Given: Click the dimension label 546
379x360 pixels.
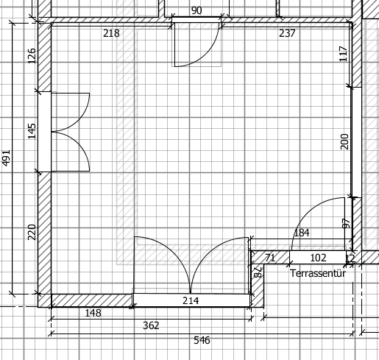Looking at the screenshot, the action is tap(202, 340).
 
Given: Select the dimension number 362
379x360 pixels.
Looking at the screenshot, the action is tap(151, 325).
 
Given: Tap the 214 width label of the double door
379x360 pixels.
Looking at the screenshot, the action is tap(191, 300).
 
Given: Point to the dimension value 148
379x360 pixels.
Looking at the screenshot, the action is tap(93, 313).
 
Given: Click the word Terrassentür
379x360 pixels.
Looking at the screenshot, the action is tap(318, 273).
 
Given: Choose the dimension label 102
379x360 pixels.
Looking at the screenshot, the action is tap(319, 258).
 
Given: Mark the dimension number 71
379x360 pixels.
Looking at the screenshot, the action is tap(270, 258).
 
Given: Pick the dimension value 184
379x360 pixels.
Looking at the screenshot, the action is tap(302, 233).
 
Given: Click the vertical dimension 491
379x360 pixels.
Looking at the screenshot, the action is tap(6, 158).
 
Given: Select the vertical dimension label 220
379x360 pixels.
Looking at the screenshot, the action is tap(32, 232).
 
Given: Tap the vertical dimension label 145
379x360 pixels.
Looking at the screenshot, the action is tap(32, 131).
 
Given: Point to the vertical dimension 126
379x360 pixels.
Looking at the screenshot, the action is tap(32, 56).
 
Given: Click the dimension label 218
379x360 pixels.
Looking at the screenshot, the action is tap(111, 33).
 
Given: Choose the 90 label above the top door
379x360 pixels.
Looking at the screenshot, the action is tap(196, 10).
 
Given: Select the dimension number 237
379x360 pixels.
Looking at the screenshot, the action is tap(287, 33).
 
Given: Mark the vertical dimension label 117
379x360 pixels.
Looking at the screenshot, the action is tap(344, 54).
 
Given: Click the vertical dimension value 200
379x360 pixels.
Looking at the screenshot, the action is tap(344, 141).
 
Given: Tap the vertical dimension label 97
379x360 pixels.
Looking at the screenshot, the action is tap(346, 224).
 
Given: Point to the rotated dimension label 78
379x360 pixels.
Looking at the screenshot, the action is tap(258, 272).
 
